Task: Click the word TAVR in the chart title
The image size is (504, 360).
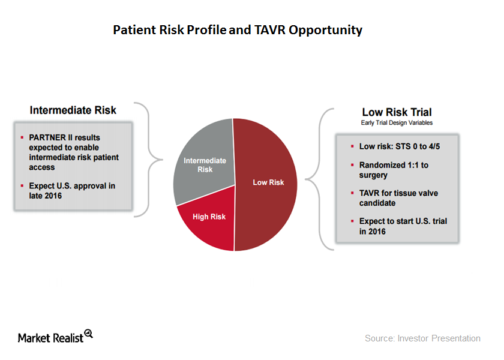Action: [x=269, y=30]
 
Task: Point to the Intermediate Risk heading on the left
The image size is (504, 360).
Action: [x=73, y=110]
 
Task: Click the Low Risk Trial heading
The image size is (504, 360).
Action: [x=397, y=112]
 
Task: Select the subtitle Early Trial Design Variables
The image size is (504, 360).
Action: [x=397, y=123]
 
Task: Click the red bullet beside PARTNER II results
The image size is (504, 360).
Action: [x=22, y=137]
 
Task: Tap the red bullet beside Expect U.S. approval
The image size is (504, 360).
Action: [x=22, y=186]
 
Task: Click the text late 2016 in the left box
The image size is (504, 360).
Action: [x=46, y=196]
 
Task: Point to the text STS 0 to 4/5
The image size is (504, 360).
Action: [x=418, y=146]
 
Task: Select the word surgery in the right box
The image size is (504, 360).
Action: [x=373, y=175]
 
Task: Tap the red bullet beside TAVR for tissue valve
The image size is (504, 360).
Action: [x=352, y=193]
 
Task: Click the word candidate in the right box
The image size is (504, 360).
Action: [x=377, y=203]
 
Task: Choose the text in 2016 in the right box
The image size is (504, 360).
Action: [x=372, y=232]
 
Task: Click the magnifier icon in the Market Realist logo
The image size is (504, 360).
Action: [x=89, y=334]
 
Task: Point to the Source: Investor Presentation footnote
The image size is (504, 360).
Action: [x=422, y=338]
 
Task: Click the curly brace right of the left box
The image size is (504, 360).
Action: [x=149, y=160]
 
